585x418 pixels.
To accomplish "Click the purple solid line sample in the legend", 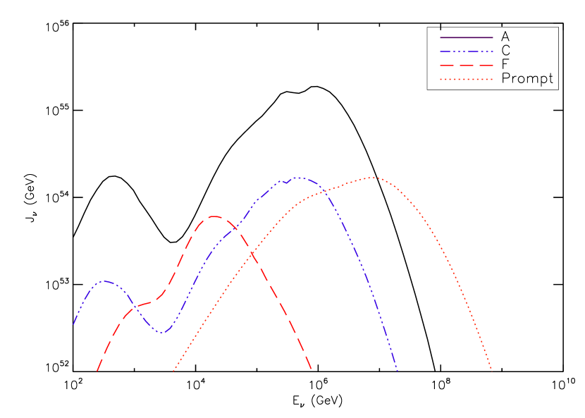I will (x=466, y=37).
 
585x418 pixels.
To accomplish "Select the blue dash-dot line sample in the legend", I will (x=466, y=51).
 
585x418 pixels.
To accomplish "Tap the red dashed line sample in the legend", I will (x=466, y=65).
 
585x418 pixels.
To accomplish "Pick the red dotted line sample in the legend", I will (x=466, y=79).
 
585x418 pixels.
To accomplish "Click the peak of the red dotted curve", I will (x=372, y=178).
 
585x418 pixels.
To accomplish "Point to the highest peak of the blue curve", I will (x=298, y=178).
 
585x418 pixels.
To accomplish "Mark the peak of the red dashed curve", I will (x=213, y=216).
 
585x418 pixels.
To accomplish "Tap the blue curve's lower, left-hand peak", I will (x=104, y=281).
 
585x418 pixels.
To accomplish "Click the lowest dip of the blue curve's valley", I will (x=162, y=332).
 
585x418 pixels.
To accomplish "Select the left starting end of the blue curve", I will (x=74, y=324).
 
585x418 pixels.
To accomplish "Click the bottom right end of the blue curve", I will (x=398, y=370).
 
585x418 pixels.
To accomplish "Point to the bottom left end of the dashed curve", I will (x=97, y=370).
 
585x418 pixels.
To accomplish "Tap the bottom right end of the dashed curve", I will (x=312, y=369).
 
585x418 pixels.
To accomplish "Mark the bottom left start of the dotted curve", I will (x=173, y=370).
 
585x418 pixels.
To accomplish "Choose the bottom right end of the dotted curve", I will (x=491, y=369).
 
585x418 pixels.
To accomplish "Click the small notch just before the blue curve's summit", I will (x=286, y=183).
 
